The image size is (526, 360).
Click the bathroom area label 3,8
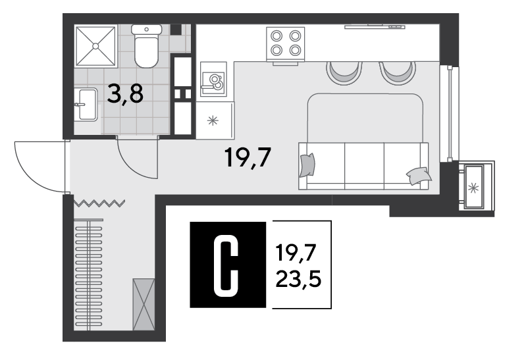pos(125,94)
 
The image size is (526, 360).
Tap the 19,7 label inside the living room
pos(248,157)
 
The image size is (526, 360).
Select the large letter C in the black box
pos(226,265)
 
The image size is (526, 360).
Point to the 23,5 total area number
pos(298,280)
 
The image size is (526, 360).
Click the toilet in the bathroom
pos(146,45)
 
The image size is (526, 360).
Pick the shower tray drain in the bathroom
pos(96,45)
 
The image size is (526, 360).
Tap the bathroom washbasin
pos(86,105)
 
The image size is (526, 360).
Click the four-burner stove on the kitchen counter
pos(286,44)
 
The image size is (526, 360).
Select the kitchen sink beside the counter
pos(213,80)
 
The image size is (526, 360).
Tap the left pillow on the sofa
pos(307,165)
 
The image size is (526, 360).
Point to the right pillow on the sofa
pos(419,176)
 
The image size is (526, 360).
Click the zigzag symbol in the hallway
pos(99,203)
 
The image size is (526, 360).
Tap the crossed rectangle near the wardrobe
pos(144,304)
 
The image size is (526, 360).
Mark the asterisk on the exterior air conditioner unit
pos(473,188)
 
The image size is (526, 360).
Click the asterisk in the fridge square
pos(213,120)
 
